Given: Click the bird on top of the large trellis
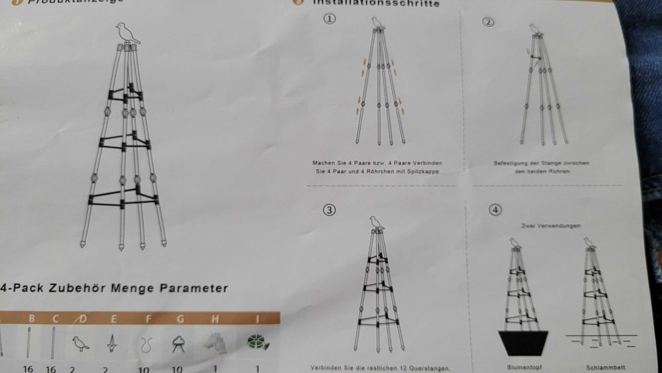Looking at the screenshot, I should (x=126, y=34).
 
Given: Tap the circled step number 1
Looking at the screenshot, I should (x=330, y=19).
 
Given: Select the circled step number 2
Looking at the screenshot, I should (x=489, y=23).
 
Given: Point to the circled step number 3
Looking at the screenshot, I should (x=329, y=210).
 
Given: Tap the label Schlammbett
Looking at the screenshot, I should (x=601, y=366).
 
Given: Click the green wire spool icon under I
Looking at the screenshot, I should (x=257, y=342).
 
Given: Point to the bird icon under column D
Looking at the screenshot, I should (x=81, y=343).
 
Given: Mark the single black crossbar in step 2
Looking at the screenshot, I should (x=534, y=56).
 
